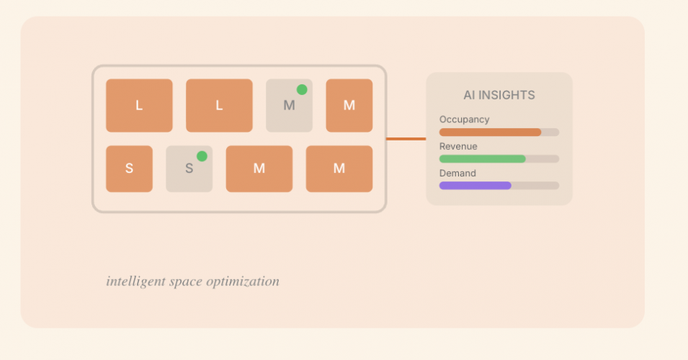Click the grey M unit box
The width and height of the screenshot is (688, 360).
[289, 106]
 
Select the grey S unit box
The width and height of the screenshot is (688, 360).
[189, 169]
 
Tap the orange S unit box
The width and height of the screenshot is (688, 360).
[129, 169]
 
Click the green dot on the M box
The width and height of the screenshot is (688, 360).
[302, 90]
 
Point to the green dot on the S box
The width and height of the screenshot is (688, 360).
[202, 156]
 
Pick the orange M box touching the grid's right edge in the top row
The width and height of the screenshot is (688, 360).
[349, 106]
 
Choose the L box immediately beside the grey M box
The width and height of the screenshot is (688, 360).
[219, 106]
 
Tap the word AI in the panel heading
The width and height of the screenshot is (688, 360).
[470, 95]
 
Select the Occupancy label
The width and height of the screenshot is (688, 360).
[464, 120]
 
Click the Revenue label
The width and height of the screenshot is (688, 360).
[458, 146]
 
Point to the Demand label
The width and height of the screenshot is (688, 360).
[457, 174]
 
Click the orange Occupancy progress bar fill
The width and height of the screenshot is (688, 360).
[490, 132]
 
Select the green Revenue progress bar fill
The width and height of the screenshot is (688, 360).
[482, 159]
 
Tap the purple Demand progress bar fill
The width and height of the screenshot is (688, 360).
[475, 186]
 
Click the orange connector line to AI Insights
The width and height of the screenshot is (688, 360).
[406, 139]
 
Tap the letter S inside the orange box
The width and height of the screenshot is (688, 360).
[129, 169]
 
